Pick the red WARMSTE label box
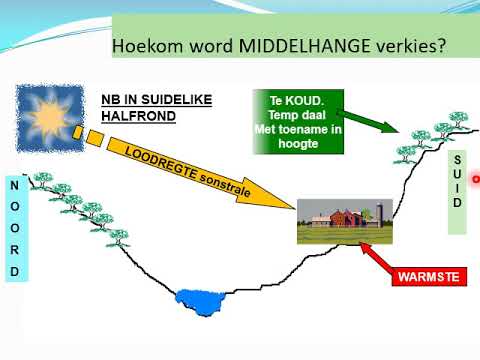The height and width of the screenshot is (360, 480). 429,274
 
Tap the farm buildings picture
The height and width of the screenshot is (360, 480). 343,222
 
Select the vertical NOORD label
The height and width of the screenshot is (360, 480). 14,229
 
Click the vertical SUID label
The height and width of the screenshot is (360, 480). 457,181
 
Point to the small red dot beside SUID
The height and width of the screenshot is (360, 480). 476,180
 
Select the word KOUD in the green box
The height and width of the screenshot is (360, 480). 307,101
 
